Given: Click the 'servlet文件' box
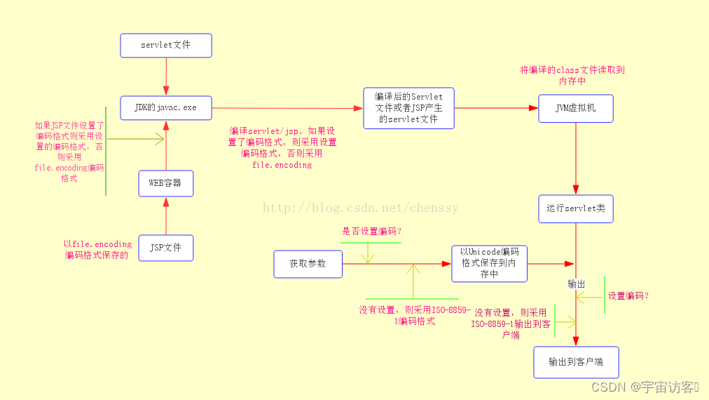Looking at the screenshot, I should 166,46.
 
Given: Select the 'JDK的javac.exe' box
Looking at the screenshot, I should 166,108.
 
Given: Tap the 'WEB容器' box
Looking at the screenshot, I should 166,183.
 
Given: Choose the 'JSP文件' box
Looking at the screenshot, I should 166,248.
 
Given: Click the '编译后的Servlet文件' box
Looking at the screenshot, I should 409,108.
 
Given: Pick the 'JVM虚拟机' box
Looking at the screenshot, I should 576,109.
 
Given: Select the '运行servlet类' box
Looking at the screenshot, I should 576,209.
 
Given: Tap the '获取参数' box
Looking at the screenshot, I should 308,264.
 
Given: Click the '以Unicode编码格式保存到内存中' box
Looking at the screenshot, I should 489,263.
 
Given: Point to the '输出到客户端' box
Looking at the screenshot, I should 576,362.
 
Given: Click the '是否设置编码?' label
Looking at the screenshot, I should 372,231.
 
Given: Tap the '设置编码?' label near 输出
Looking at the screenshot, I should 628,296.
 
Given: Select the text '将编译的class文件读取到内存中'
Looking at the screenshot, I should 572,76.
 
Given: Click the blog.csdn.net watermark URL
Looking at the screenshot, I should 360,208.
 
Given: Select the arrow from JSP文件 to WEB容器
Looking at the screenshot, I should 166,215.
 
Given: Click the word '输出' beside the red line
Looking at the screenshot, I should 577,284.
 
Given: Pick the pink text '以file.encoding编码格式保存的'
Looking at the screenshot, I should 97,250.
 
